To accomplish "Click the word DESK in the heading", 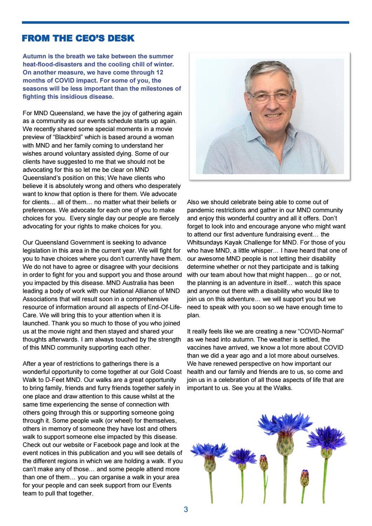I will [121, 38].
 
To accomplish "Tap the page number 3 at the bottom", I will [186, 509].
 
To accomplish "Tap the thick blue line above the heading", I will [185, 22].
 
